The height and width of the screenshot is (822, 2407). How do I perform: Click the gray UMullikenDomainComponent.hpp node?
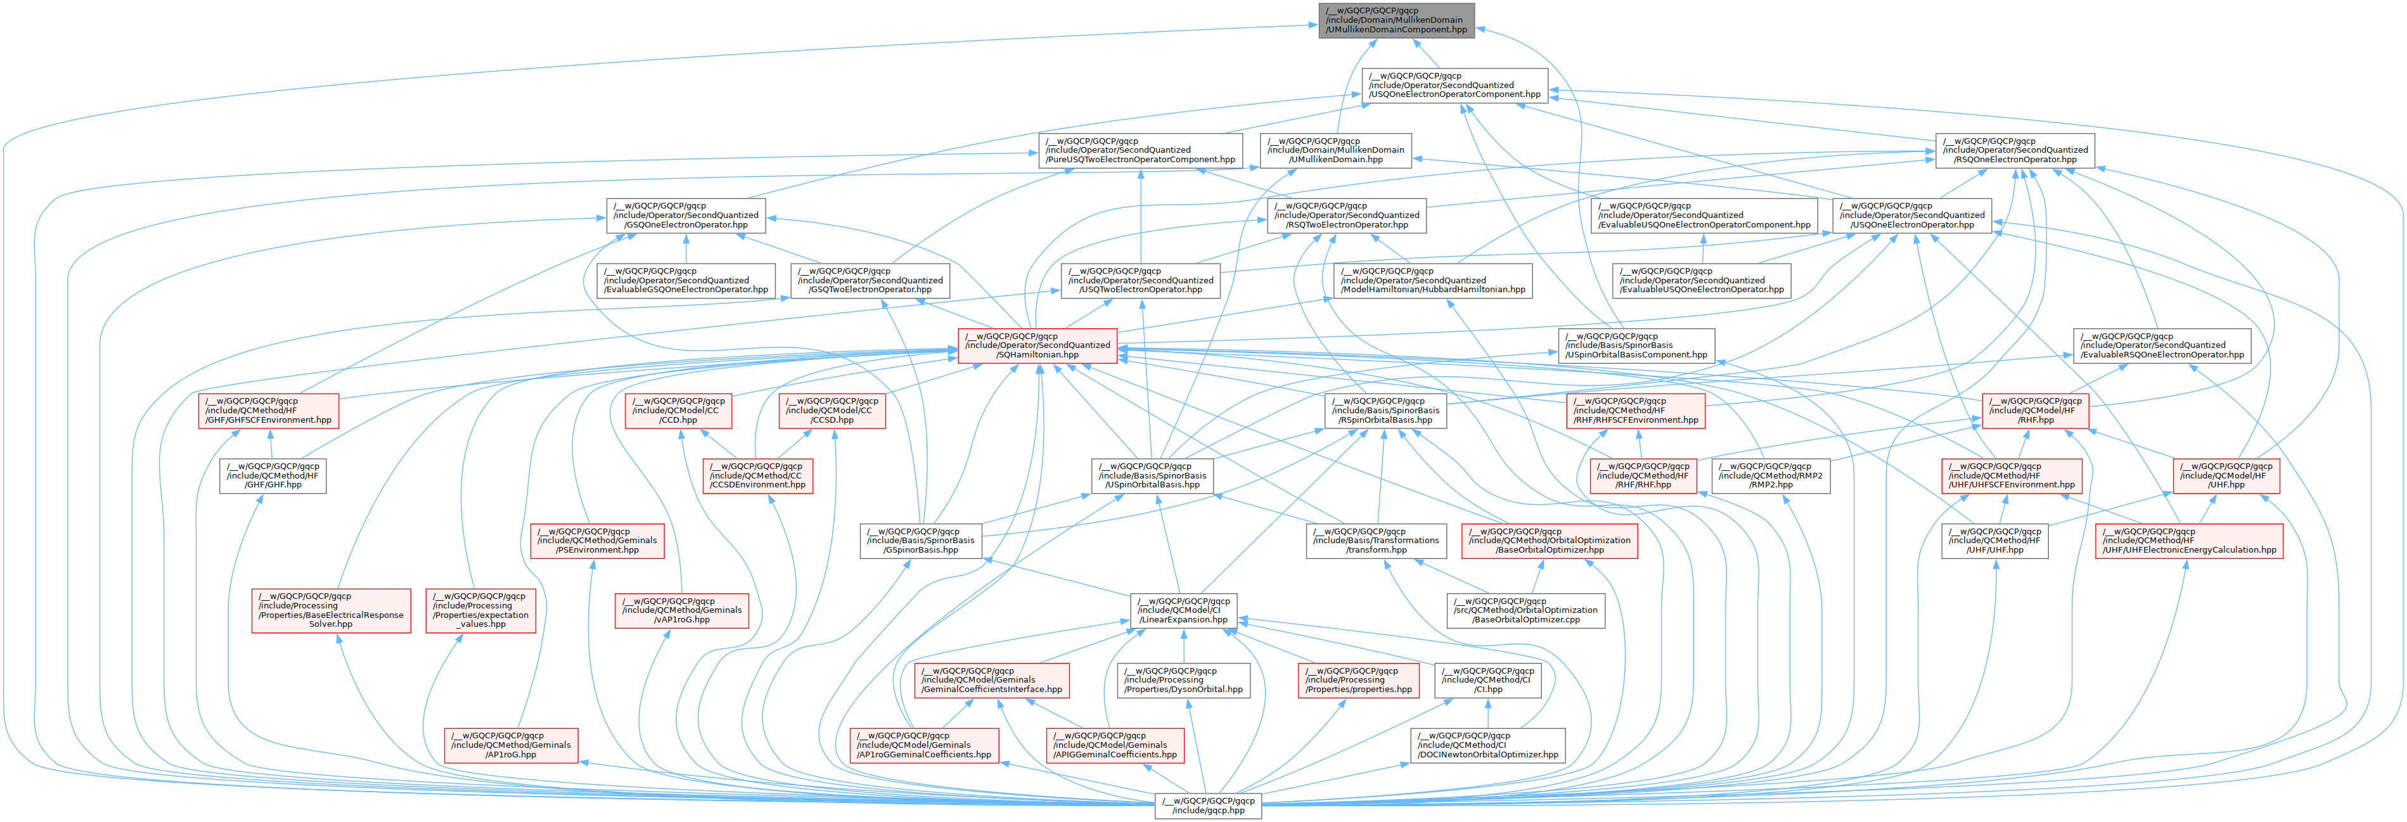coord(1396,20)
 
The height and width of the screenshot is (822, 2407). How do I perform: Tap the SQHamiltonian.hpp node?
coord(1038,345)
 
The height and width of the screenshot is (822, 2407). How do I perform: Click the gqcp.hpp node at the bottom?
coord(1208,805)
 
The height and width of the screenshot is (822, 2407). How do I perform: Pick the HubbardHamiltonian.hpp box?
coord(1432,280)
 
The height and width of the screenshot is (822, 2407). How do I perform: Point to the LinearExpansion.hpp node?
coord(1184,610)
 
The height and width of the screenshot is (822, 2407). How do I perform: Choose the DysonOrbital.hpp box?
coord(1184,680)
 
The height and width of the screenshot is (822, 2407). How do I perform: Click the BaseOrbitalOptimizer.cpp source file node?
coord(1526,610)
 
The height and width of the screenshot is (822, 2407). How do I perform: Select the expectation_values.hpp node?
coord(480,610)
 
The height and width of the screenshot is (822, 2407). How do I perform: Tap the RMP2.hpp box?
coord(1769,475)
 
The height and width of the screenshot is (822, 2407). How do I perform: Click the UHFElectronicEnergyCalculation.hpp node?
coord(2189,541)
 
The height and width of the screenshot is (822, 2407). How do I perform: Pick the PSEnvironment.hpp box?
coord(597,541)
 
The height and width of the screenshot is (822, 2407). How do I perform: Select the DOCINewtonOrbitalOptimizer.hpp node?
coord(1487,745)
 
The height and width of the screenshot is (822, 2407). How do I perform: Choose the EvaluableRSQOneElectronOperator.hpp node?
coord(2161,345)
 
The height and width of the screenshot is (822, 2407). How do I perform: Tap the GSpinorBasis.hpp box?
coord(921,541)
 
